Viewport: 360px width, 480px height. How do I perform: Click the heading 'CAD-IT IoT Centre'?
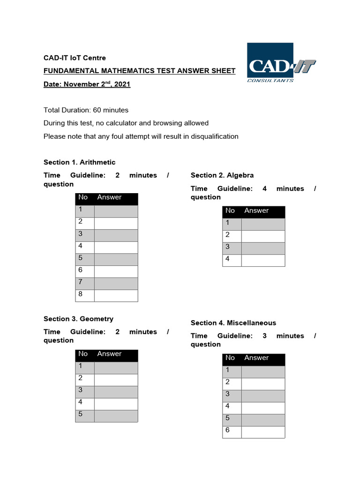(75, 58)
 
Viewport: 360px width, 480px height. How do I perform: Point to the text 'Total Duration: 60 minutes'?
(86, 110)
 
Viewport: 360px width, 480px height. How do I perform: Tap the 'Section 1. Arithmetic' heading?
(79, 162)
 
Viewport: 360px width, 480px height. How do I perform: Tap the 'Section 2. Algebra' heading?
(222, 175)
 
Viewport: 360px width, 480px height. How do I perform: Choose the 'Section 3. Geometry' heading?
(78, 319)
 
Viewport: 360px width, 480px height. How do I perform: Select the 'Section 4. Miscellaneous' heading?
(233, 323)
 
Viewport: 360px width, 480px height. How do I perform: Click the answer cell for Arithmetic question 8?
(116, 296)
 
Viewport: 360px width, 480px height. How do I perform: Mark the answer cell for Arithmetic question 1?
(116, 211)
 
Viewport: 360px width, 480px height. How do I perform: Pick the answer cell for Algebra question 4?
(263, 261)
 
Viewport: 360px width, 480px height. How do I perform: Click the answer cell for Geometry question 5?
(116, 416)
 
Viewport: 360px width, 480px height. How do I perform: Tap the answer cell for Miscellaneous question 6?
(263, 432)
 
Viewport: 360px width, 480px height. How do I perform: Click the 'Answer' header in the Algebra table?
(256, 211)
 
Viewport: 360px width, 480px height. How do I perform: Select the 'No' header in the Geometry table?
(83, 354)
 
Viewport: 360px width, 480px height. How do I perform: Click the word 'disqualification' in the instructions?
(214, 136)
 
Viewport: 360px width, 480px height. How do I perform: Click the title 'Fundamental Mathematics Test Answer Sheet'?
(139, 71)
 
